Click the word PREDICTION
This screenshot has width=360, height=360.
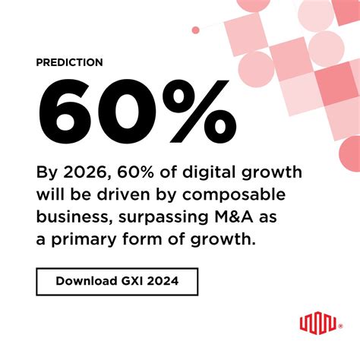coord(69,62)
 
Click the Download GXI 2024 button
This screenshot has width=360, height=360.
coord(117,282)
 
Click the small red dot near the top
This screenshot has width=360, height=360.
coord(195,30)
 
